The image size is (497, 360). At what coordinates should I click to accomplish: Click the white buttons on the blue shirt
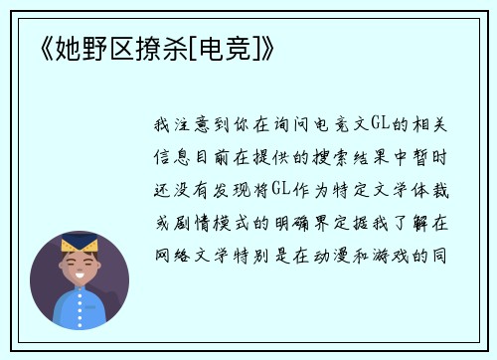tap(81, 313)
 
